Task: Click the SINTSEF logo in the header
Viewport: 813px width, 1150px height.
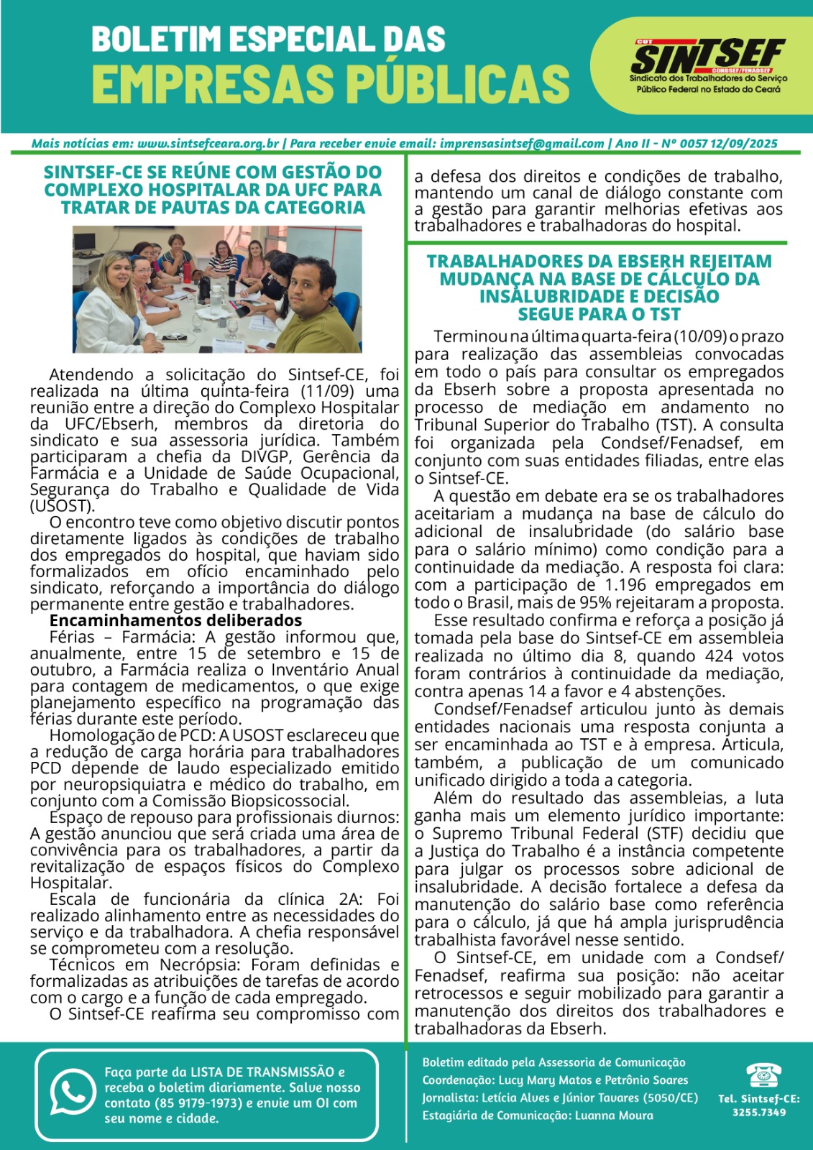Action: (707, 57)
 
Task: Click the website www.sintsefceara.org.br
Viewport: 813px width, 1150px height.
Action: (208, 144)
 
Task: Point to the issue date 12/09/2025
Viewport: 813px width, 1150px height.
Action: (744, 144)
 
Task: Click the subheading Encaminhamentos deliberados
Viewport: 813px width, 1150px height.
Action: (175, 620)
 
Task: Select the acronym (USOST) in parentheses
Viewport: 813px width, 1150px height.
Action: (53, 506)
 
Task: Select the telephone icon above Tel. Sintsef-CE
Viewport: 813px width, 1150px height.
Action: (758, 1075)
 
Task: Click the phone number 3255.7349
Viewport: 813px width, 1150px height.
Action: (759, 1113)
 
